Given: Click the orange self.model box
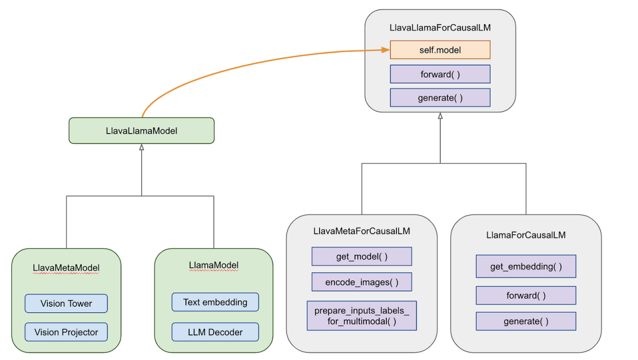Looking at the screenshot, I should [x=440, y=50].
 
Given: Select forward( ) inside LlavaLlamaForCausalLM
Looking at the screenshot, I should [x=440, y=74].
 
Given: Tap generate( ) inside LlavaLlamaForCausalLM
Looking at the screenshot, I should [x=440, y=98].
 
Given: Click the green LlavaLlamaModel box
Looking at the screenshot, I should [x=141, y=131].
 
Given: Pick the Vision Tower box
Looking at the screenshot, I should [x=66, y=303].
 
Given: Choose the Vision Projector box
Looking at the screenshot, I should [x=66, y=332].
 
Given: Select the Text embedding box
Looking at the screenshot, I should [x=215, y=302].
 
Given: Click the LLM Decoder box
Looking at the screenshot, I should [x=215, y=332].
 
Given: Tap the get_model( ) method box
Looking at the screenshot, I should [x=362, y=257].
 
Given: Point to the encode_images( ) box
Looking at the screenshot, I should [x=362, y=282].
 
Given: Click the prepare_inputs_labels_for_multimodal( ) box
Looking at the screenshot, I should [x=362, y=316].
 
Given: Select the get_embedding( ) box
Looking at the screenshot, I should [x=526, y=267].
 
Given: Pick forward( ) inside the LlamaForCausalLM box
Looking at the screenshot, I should [x=526, y=296].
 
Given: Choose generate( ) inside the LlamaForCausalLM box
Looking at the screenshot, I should [x=526, y=322].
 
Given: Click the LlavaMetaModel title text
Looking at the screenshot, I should [x=66, y=268].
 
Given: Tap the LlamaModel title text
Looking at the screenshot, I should [x=213, y=265].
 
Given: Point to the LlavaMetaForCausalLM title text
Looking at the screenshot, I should [x=362, y=231].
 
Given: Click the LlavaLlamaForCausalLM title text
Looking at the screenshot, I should [x=440, y=28].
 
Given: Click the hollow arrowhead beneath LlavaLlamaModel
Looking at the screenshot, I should [x=141, y=147].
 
